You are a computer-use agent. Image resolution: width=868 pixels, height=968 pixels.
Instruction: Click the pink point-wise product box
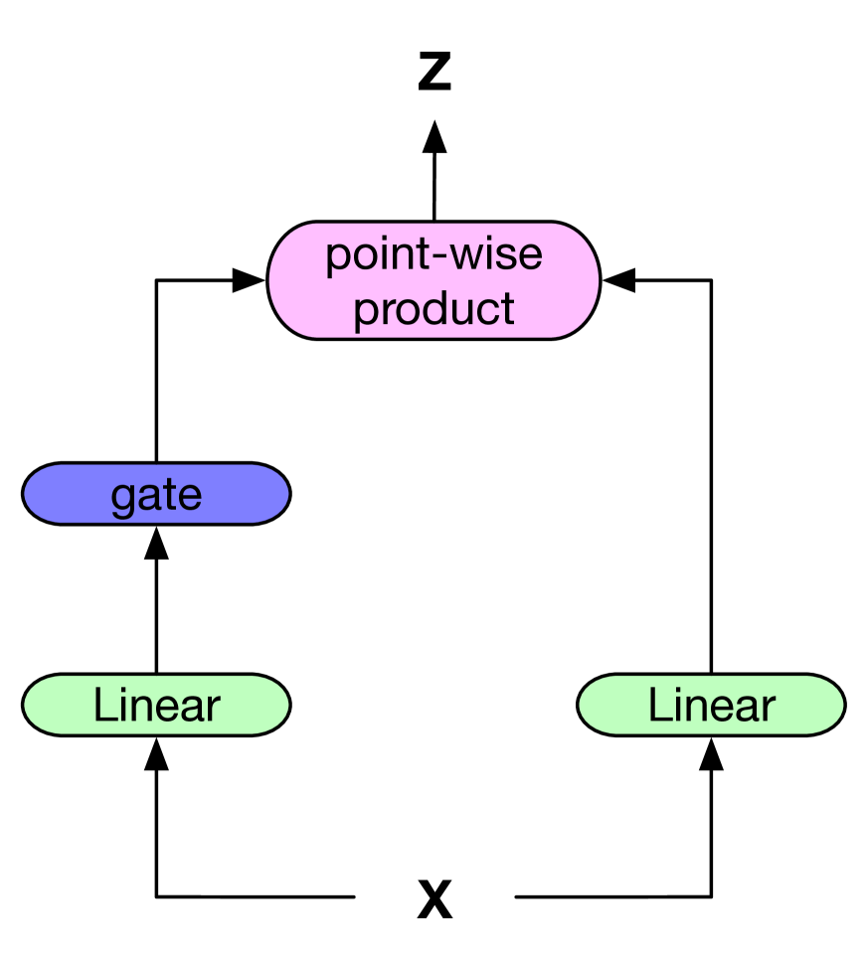coord(434,280)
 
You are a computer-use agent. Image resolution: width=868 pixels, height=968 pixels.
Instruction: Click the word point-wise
coord(434,255)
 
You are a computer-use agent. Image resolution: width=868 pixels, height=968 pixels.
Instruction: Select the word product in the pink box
coord(434,309)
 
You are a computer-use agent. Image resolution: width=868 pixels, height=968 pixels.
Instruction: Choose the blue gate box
coord(156,494)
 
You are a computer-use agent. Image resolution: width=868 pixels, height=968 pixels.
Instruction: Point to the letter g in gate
coord(122,497)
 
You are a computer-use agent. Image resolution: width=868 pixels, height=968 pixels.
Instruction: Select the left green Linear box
coord(156,705)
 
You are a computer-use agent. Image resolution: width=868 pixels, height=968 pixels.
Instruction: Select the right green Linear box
coord(711,705)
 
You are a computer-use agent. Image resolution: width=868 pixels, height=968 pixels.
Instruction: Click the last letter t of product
coord(508,309)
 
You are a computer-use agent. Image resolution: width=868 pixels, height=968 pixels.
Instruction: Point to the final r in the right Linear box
coord(769,708)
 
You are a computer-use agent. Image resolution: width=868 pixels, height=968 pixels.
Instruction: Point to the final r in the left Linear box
coord(214,708)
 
